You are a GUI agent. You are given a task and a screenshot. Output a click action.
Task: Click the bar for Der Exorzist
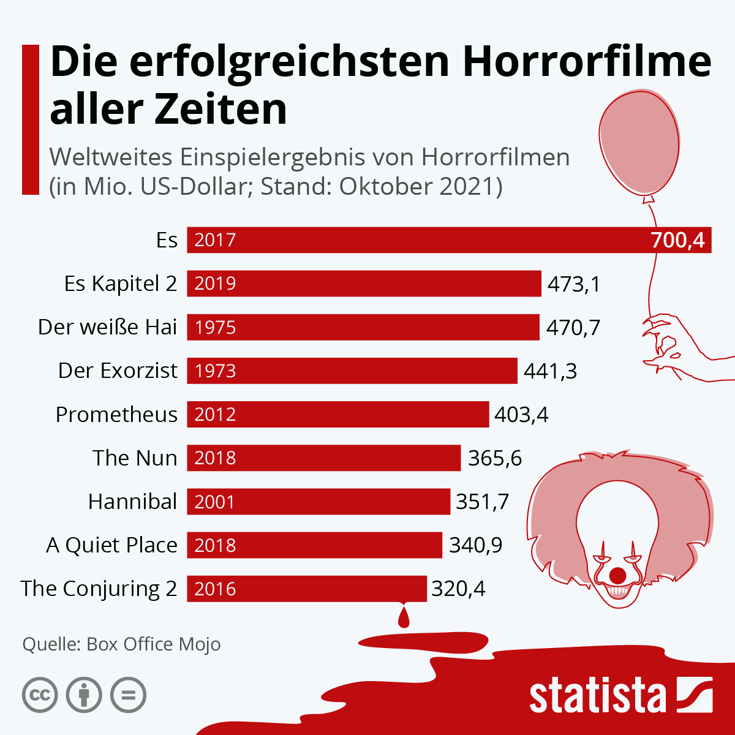click(352, 371)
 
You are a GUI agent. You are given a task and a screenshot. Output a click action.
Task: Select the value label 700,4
click(677, 240)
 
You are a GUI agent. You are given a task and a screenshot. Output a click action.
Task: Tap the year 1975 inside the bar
click(215, 328)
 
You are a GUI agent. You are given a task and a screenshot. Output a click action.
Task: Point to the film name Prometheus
click(116, 415)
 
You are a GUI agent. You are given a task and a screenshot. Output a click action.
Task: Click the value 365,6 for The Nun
click(495, 458)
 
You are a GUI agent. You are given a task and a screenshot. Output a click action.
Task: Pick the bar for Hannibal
click(318, 502)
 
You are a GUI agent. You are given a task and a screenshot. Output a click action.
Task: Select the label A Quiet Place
click(111, 545)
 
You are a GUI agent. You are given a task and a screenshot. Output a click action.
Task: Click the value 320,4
click(458, 589)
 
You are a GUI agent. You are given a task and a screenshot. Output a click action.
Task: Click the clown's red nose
click(618, 576)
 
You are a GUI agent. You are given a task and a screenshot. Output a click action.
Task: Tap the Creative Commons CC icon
click(40, 695)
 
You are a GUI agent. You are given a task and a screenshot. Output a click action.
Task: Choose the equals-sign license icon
click(128, 695)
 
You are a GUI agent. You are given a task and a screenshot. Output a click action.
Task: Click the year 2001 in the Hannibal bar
click(215, 502)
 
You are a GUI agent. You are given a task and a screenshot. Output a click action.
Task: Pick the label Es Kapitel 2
click(120, 284)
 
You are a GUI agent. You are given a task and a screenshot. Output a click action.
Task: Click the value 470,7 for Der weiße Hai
click(573, 328)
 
